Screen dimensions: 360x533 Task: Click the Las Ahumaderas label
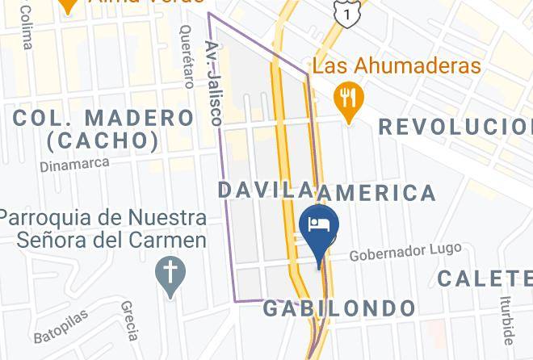397,66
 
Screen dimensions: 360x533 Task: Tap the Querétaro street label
187,56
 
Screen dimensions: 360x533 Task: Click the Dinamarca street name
73,165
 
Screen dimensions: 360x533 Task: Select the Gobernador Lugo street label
405,253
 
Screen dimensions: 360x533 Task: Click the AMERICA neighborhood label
376,193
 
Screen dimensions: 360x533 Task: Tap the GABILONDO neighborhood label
339,308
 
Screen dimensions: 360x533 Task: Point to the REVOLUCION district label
455,127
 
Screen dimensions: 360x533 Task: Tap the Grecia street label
128,320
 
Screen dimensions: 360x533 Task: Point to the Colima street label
27,32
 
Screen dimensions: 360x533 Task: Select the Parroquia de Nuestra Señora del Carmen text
103,229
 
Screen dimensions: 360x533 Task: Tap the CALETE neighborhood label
485,278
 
